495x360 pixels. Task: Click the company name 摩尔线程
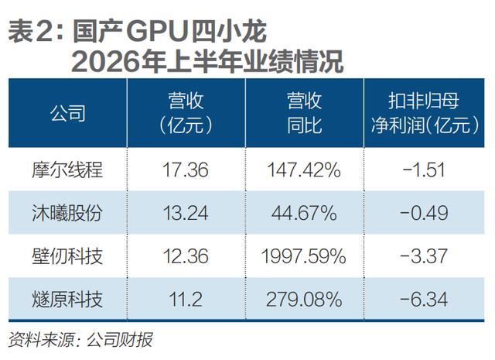pos(67,170)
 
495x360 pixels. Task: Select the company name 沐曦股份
pos(67,213)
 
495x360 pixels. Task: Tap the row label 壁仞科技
pos(67,256)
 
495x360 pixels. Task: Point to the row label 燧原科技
pos(67,300)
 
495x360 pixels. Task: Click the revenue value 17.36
pos(186,170)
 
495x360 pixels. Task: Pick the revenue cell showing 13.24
pos(186,213)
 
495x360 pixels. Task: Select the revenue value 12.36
pos(186,256)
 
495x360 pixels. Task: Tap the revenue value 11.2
pos(186,300)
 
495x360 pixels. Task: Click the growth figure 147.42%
pos(304,170)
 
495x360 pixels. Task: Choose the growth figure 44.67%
pos(304,213)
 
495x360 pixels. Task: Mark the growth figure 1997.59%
pos(304,256)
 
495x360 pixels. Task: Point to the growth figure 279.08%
pos(304,300)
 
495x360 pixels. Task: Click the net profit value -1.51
pos(424,170)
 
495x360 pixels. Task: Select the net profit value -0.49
pos(424,213)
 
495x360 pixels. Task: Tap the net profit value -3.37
pos(424,256)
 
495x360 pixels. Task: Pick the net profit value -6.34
pos(424,300)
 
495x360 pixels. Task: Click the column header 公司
pos(68,113)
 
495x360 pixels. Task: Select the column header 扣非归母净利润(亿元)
pos(425,113)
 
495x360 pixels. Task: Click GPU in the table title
pos(157,33)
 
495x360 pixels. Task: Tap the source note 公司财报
pos(120,340)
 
